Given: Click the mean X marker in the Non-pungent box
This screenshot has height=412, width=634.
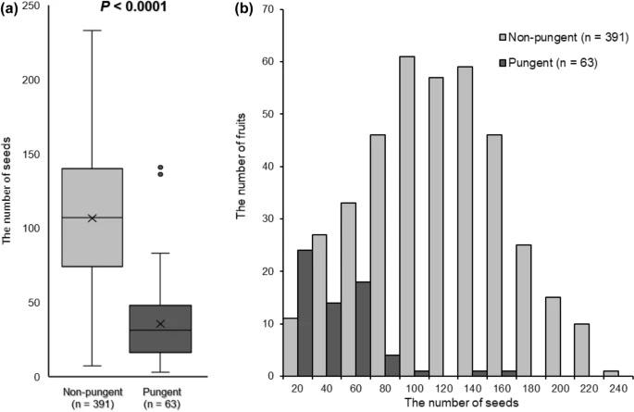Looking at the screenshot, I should pos(92,218).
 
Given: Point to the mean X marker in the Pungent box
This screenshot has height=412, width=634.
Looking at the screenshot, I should pos(160,324).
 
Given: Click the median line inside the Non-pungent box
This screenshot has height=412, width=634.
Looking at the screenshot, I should pos(92,218).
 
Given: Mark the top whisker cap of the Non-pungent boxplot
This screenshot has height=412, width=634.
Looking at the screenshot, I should pos(92,31).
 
